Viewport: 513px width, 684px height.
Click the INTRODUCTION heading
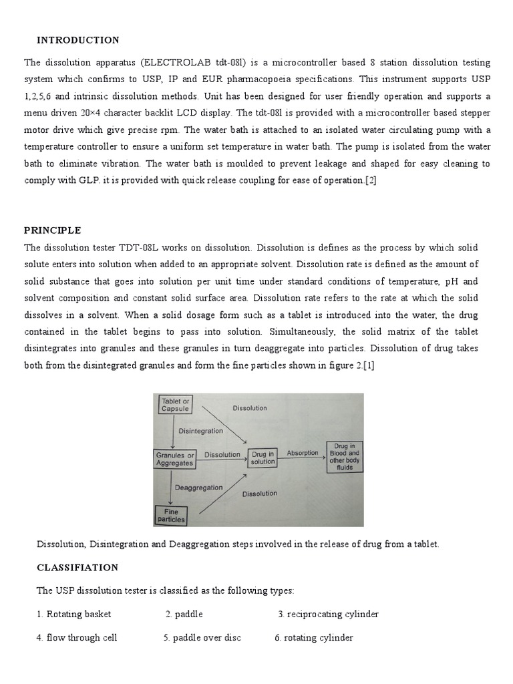coord(78,40)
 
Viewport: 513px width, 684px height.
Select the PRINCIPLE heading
coord(53,230)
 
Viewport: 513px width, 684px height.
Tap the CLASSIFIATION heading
coord(77,567)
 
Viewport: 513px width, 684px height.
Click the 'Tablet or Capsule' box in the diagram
coord(176,405)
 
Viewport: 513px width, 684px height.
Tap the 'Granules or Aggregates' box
coord(174,459)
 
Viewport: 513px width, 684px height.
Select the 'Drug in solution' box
coord(263,458)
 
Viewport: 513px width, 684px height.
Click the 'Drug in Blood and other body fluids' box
coord(343,457)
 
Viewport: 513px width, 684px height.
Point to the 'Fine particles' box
coord(170,514)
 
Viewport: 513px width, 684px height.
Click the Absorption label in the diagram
coord(303,453)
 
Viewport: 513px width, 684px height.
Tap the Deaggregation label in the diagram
coord(199,488)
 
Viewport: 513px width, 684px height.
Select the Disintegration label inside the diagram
coord(200,431)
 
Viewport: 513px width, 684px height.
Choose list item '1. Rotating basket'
coord(74,614)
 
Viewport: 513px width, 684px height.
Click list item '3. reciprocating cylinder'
coord(328,614)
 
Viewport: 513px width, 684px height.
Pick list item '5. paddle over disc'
coord(202,637)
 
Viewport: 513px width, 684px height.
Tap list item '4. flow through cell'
coord(77,637)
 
